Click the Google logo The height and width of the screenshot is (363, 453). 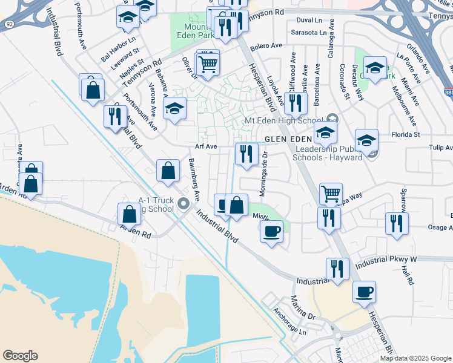(x=20, y=356)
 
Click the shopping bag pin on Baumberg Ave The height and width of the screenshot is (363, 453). (x=168, y=171)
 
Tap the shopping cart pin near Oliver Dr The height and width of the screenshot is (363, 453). (x=207, y=62)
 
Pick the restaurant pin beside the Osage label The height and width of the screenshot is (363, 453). (x=397, y=223)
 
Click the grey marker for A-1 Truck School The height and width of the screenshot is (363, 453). (x=184, y=207)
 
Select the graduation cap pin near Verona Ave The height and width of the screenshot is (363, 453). (x=174, y=109)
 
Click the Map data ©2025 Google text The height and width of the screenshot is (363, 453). (x=415, y=358)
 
